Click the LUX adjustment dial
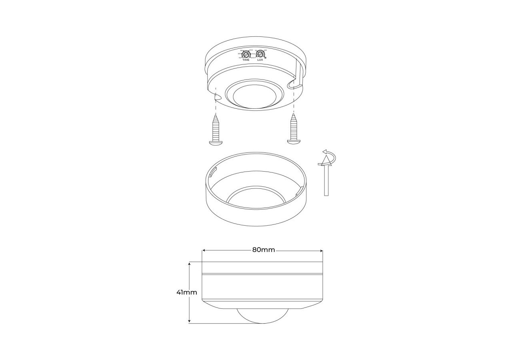(x=260, y=54)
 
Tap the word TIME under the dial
(x=246, y=60)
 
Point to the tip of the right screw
(x=294, y=115)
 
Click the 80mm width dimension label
(x=263, y=250)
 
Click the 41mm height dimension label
(x=186, y=292)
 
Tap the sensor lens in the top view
(x=255, y=98)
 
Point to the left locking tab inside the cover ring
(x=213, y=172)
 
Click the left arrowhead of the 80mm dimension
(x=204, y=250)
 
